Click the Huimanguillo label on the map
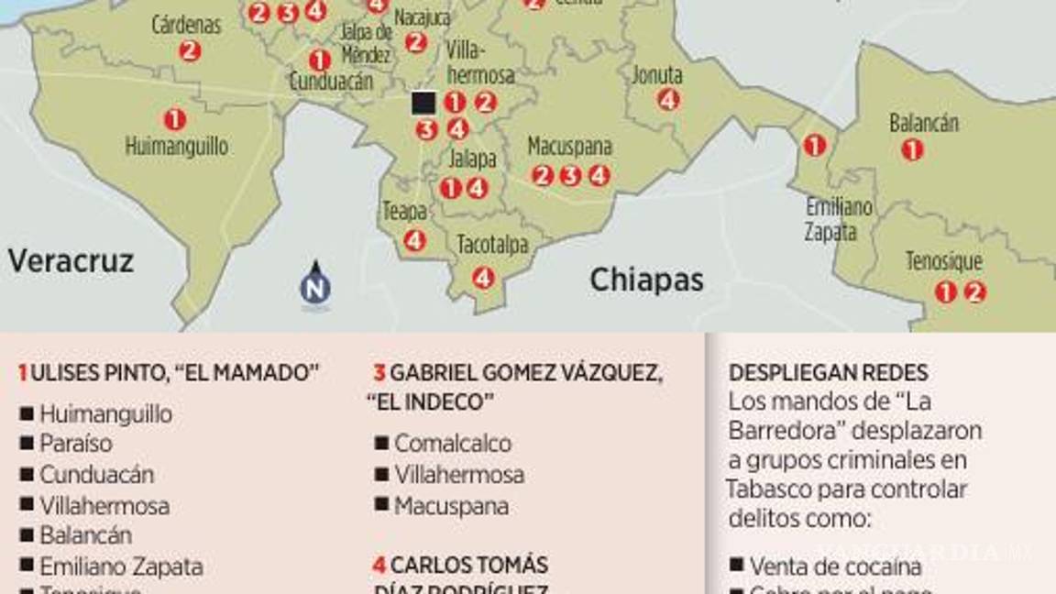click(176, 147)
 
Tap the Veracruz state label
click(71, 261)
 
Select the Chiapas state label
click(646, 280)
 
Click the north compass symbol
click(315, 284)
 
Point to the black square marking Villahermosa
click(423, 103)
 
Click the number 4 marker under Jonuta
click(668, 100)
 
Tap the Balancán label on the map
click(923, 123)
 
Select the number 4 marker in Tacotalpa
click(483, 277)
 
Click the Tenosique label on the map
click(943, 262)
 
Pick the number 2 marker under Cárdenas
click(190, 51)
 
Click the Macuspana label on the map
click(569, 147)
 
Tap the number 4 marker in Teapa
click(414, 240)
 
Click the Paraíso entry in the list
click(76, 444)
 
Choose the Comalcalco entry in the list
click(453, 444)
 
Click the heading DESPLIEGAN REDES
click(828, 373)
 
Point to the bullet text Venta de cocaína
click(835, 566)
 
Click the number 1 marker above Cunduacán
click(319, 60)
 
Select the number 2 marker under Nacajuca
click(415, 42)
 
